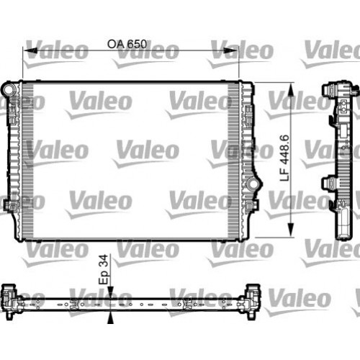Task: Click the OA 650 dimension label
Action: tap(127, 44)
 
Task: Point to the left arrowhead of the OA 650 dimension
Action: tap(27, 51)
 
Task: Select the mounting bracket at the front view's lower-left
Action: tap(9, 206)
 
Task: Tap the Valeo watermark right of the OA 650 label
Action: tap(242, 50)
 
